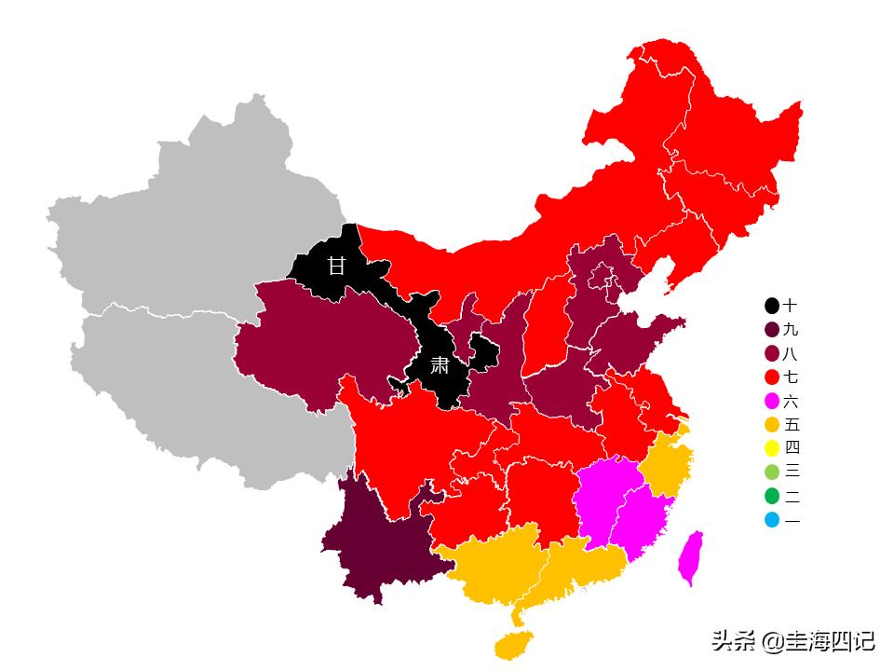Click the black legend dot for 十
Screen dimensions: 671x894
pos(772,306)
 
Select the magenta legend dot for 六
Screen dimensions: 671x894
pos(772,402)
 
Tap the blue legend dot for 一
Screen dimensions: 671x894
pos(772,520)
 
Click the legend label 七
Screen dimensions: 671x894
pos(791,377)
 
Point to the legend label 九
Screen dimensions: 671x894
pos(791,330)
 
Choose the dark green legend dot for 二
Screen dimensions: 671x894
pos(772,497)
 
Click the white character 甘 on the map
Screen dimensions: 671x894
pos(335,266)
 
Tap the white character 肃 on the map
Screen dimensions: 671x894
pos(440,365)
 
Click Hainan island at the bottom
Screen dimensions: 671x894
pos(513,644)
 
